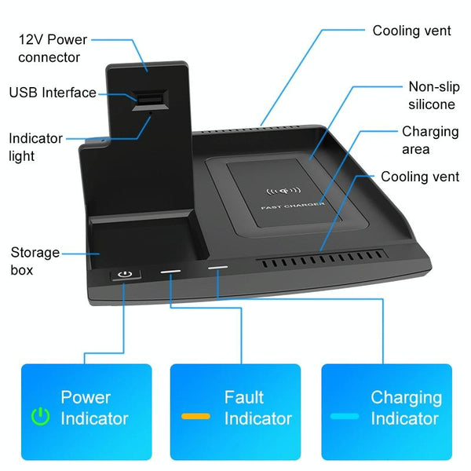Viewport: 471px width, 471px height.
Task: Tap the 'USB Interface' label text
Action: [53, 93]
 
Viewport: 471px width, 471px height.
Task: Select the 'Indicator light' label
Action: [35, 147]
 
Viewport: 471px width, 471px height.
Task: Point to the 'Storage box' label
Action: [35, 261]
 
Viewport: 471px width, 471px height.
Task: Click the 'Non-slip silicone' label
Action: [431, 95]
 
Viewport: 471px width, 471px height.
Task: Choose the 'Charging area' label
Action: [430, 140]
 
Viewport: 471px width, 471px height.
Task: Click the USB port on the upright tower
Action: [148, 98]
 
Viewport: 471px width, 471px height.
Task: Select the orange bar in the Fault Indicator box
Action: [195, 415]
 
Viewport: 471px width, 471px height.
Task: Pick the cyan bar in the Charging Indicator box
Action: [345, 415]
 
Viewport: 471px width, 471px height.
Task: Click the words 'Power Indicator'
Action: [94, 407]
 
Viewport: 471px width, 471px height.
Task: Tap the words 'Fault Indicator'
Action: [257, 407]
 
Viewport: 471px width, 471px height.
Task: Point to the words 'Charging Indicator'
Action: [406, 407]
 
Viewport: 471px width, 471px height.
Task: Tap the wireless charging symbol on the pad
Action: [284, 190]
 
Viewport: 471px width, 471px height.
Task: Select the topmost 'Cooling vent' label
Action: [411, 31]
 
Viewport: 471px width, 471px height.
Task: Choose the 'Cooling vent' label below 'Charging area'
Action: [420, 177]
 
